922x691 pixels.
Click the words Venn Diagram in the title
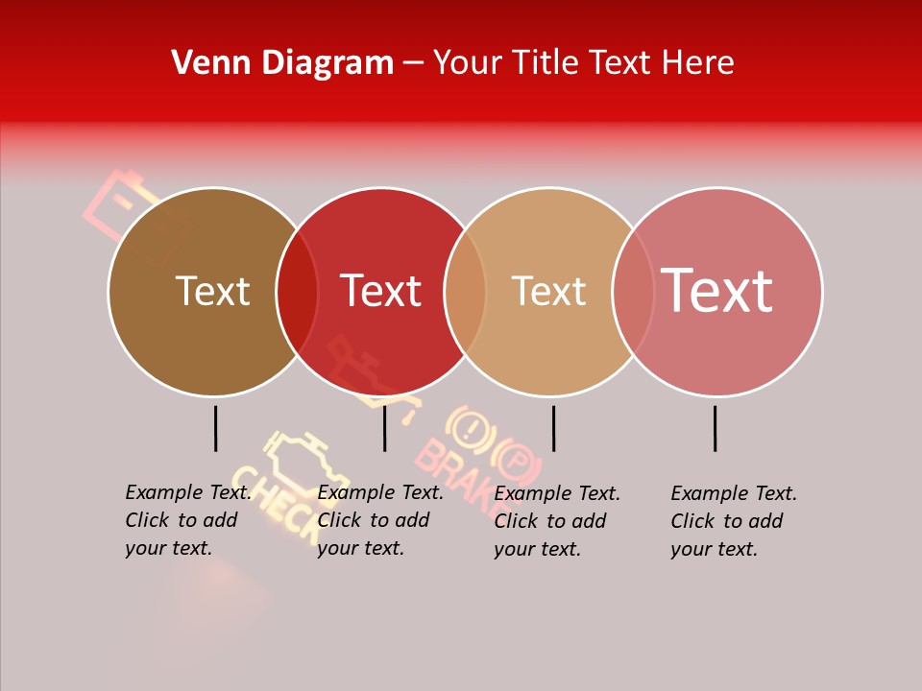pyautogui.click(x=282, y=63)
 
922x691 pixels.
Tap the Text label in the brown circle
pyautogui.click(x=212, y=291)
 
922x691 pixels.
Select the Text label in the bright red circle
pyautogui.click(x=381, y=291)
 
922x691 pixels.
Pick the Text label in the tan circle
pyautogui.click(x=548, y=291)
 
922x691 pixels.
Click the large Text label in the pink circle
pyautogui.click(x=716, y=290)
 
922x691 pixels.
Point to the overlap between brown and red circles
pyautogui.click(x=297, y=291)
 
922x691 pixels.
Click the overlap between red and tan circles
pyautogui.click(x=465, y=291)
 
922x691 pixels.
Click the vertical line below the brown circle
pyautogui.click(x=215, y=428)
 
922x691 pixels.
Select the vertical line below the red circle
pyautogui.click(x=384, y=428)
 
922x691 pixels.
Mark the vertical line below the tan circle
pyautogui.click(x=553, y=428)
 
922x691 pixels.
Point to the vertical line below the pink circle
pyautogui.click(x=716, y=428)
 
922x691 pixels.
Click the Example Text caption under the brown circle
pyautogui.click(x=187, y=520)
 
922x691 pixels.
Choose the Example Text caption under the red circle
pyautogui.click(x=379, y=520)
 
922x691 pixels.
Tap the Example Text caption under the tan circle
pyautogui.click(x=557, y=521)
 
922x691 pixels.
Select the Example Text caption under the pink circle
pyautogui.click(x=734, y=521)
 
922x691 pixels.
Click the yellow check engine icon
pyautogui.click(x=303, y=462)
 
